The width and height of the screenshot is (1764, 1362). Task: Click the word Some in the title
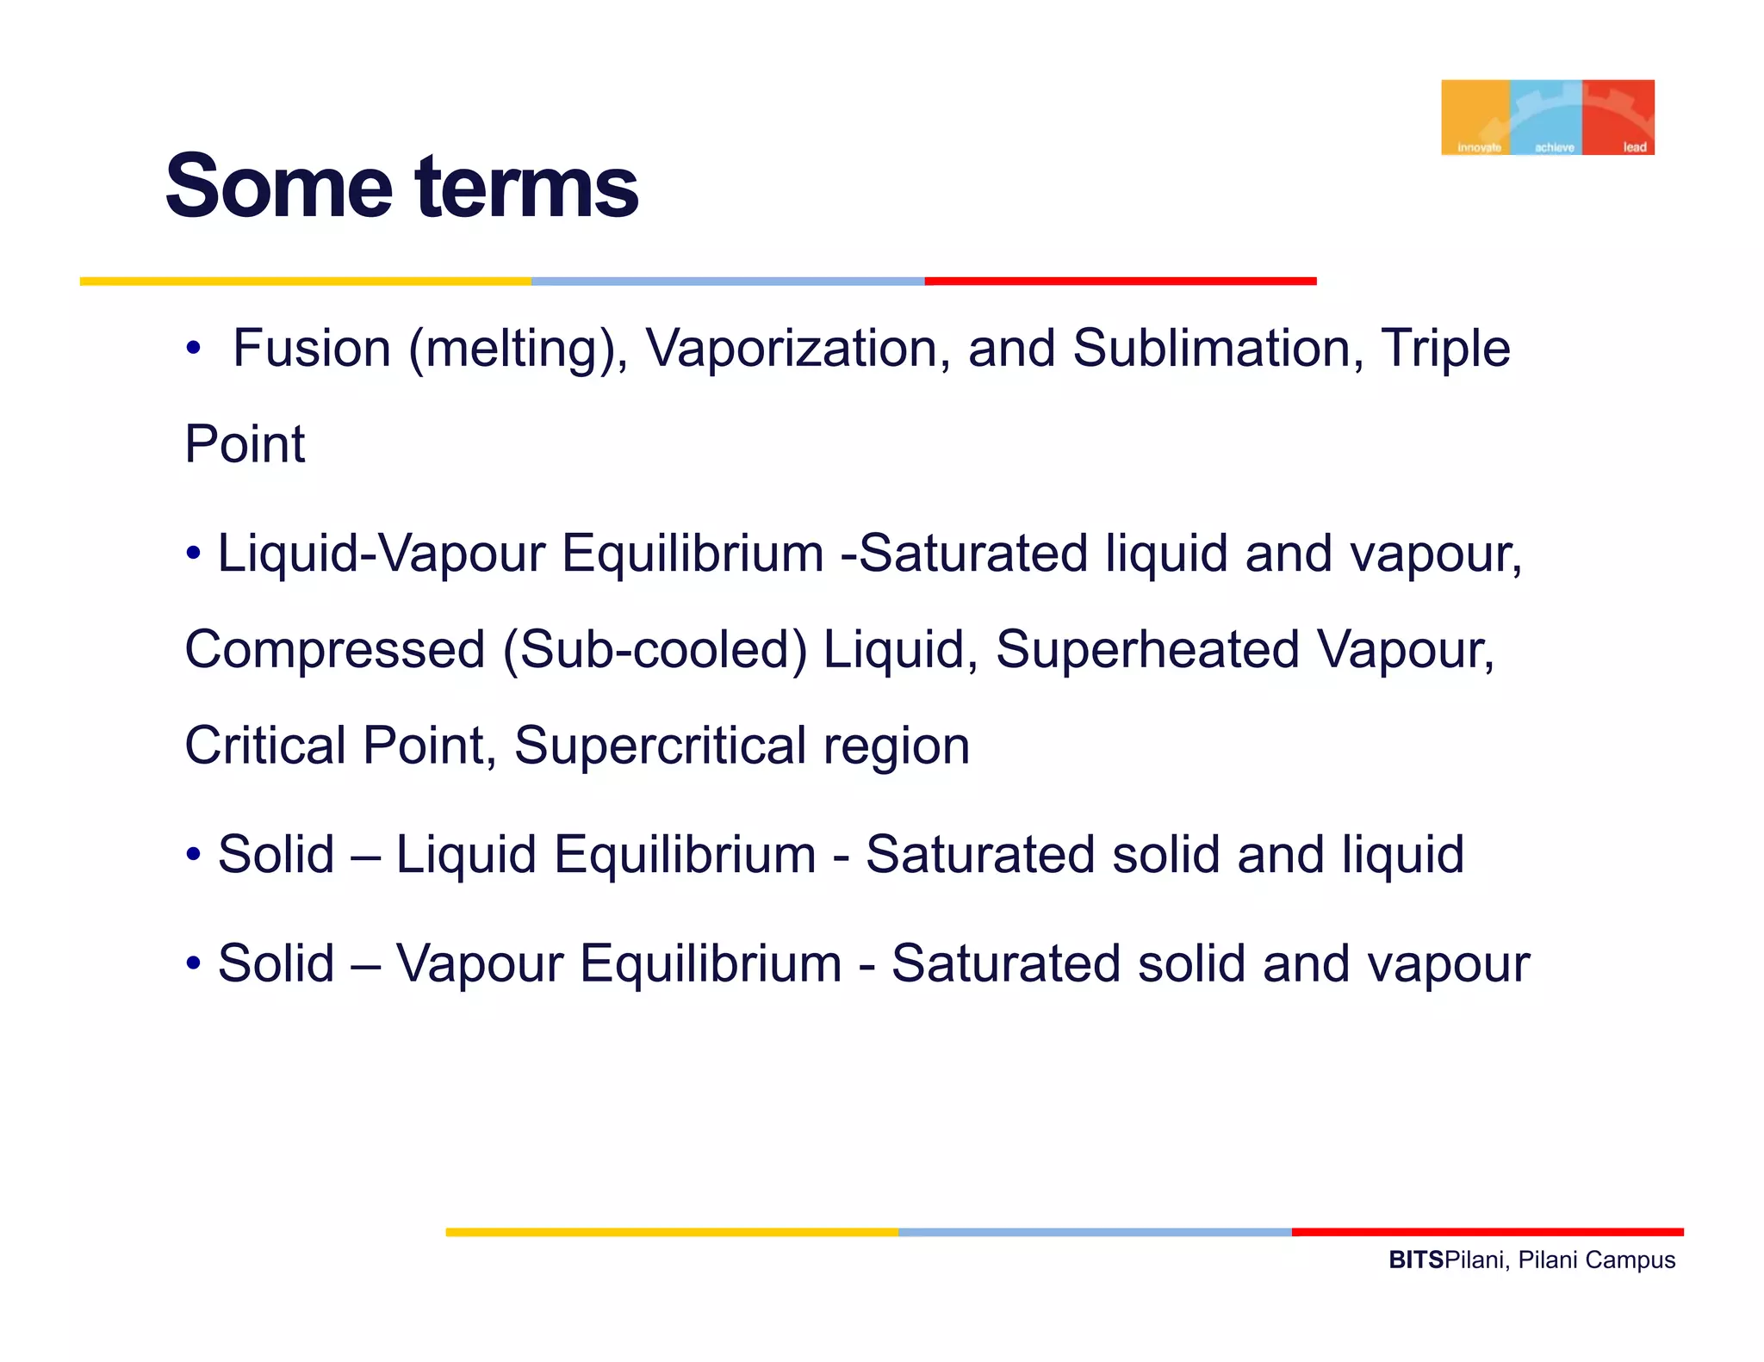[279, 186]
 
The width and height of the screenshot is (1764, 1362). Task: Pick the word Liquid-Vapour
[381, 553]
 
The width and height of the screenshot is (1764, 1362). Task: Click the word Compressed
[335, 649]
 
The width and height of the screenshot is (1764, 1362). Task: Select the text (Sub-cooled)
[655, 649]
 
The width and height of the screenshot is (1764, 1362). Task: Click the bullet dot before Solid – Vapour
[194, 963]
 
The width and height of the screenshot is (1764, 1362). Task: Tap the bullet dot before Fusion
[194, 350]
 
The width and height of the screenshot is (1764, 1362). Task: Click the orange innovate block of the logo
[1475, 117]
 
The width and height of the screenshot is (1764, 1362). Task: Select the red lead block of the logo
[1618, 117]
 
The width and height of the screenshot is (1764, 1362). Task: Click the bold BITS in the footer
[1416, 1260]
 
